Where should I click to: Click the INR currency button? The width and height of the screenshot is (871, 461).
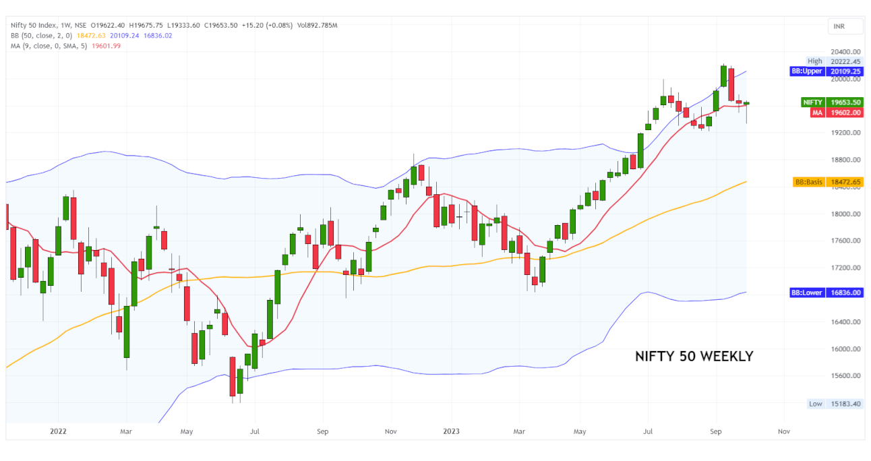[x=845, y=26]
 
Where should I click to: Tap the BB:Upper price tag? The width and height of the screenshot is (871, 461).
[x=827, y=71]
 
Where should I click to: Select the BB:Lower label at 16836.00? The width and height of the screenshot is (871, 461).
[x=827, y=293]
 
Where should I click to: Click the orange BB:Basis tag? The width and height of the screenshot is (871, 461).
[x=827, y=182]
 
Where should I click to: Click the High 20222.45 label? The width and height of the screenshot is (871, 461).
[x=835, y=61]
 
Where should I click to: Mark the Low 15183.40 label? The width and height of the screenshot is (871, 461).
[x=835, y=404]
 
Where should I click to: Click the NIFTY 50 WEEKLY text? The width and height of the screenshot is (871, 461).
[x=694, y=357]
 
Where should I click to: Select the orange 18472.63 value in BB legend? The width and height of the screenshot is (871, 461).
[x=92, y=35]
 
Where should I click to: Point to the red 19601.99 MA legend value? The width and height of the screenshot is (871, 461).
[x=107, y=45]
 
